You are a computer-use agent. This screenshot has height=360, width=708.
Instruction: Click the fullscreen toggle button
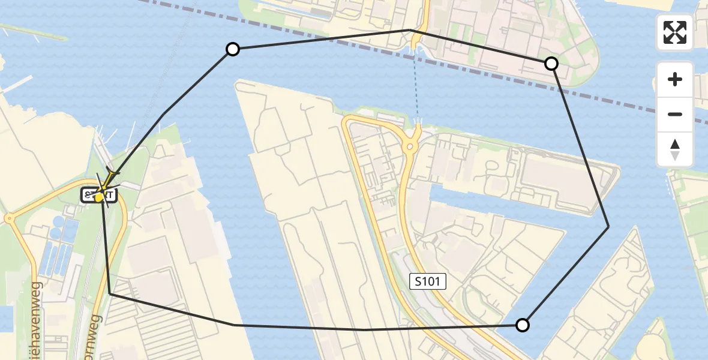tap(675, 32)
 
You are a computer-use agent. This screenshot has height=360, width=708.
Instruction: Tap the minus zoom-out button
tap(675, 114)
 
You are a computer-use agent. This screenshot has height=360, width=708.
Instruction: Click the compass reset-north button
tap(675, 149)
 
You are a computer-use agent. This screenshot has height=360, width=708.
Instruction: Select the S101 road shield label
tap(428, 281)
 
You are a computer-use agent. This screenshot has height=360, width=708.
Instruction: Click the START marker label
tap(99, 195)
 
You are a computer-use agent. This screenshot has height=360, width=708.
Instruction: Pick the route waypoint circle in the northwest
tap(232, 49)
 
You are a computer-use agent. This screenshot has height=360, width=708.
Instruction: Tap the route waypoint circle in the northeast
tap(551, 64)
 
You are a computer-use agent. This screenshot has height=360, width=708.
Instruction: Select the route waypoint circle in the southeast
tap(523, 325)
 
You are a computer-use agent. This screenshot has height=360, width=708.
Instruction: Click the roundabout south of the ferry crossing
tap(411, 146)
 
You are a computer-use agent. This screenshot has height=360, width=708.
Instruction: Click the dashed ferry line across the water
tap(416, 84)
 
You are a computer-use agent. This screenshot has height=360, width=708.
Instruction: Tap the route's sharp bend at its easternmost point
tap(608, 226)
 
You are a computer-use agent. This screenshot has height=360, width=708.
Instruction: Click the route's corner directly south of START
tap(110, 294)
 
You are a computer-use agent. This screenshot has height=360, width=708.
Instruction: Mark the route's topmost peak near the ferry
tap(409, 30)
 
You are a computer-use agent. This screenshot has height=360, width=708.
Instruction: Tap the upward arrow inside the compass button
tap(675, 144)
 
